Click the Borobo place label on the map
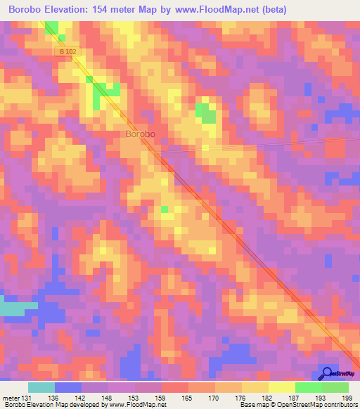[x=140, y=134]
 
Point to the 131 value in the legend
[x=23, y=398]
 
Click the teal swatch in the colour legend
[x=41, y=387]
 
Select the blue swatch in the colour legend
[x=68, y=387]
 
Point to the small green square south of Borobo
[x=165, y=209]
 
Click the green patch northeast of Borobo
[x=206, y=112]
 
